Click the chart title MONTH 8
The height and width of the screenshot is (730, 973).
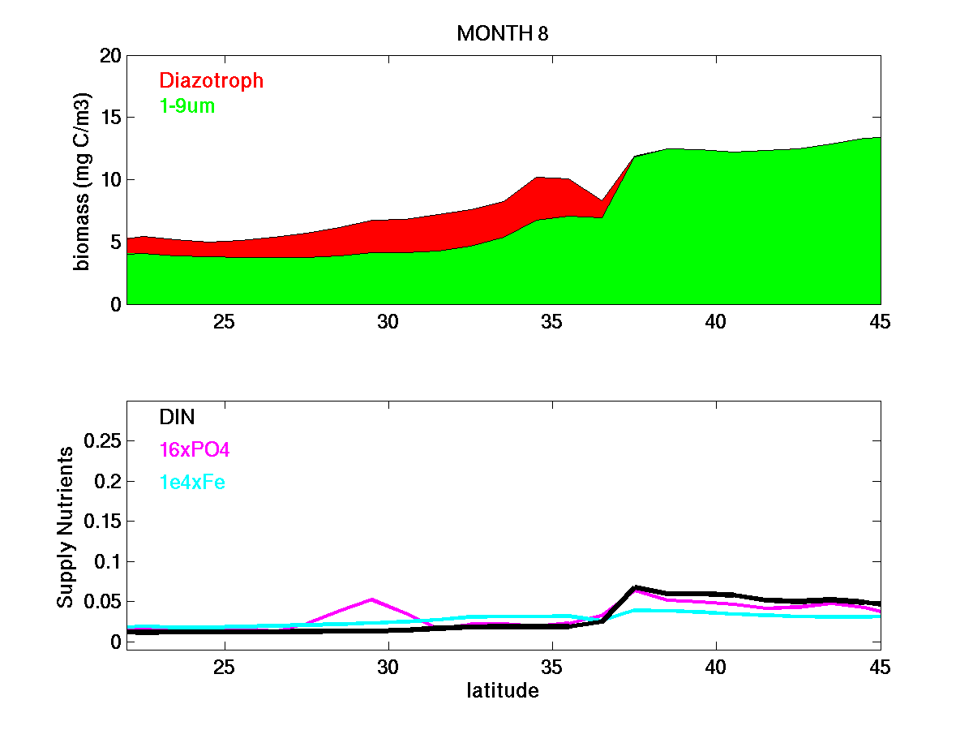(504, 33)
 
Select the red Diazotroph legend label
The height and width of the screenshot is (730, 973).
(212, 80)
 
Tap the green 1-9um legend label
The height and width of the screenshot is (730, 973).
(187, 105)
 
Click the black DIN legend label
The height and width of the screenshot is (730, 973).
(177, 417)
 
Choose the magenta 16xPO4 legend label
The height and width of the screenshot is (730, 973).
(195, 449)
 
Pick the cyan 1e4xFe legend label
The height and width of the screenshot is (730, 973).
(192, 482)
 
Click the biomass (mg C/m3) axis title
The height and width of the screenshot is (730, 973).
(83, 180)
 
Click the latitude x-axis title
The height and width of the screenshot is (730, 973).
(503, 691)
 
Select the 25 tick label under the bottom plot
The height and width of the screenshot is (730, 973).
(225, 667)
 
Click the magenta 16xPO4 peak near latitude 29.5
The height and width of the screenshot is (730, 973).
(372, 599)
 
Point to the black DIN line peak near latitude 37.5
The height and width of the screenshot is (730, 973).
(636, 587)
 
